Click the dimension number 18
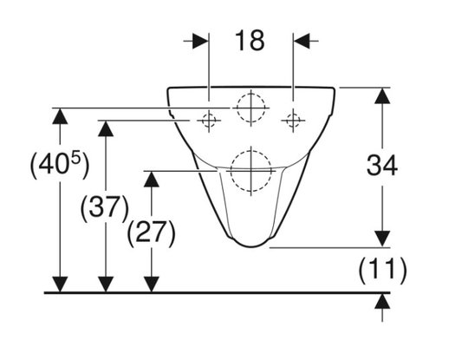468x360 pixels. point(250,40)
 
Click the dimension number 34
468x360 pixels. point(382,165)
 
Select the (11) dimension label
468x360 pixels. point(382,271)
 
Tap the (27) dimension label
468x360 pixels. point(152,232)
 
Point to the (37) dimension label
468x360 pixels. point(105,206)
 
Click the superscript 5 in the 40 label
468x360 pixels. point(76,159)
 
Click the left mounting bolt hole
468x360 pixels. point(209,121)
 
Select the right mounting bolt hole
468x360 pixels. point(293,121)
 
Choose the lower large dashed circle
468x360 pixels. point(251,150)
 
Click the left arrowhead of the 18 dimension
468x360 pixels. point(200,41)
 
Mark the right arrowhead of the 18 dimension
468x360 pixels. point(302,41)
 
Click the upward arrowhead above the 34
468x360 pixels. point(382,95)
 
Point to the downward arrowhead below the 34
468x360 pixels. point(382,239)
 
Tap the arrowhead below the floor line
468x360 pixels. point(382,301)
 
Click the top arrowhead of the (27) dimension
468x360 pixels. point(152,180)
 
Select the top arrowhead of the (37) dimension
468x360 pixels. point(106,128)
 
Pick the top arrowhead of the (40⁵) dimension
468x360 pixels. point(60,116)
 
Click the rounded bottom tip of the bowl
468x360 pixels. point(251,246)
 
